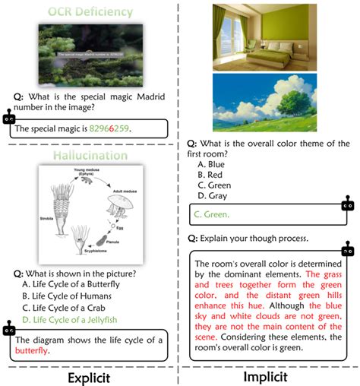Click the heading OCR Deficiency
[90, 12]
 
